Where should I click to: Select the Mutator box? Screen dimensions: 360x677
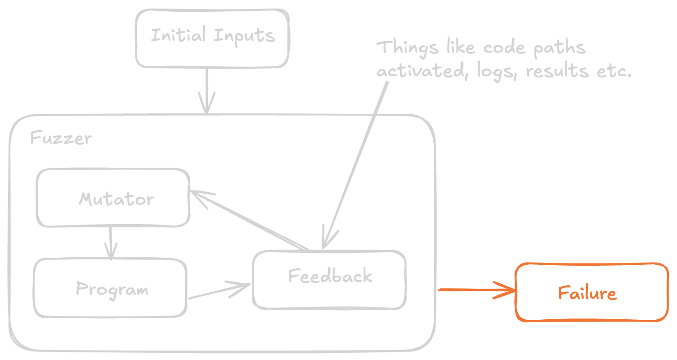[x=114, y=198]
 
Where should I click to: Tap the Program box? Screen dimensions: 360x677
[x=110, y=288]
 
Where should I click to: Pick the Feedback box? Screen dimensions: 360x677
[x=330, y=279]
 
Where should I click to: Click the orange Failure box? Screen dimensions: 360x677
[x=591, y=293]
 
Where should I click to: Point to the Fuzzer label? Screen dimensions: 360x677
[x=61, y=138]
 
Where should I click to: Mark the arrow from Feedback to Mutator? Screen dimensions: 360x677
[x=251, y=220]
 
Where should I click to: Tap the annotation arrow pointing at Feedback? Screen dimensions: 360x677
[x=355, y=161]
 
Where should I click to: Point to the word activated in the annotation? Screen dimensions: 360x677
[x=419, y=72]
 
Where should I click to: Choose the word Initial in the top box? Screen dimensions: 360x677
[x=178, y=36]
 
